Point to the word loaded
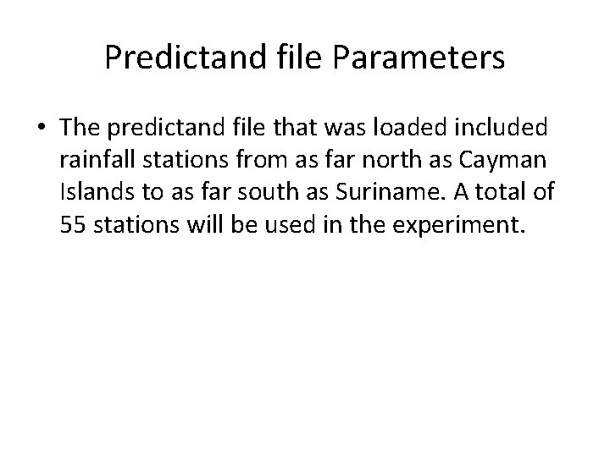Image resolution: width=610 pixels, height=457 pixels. tap(421, 127)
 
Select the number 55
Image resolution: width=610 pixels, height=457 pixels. tap(73, 224)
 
